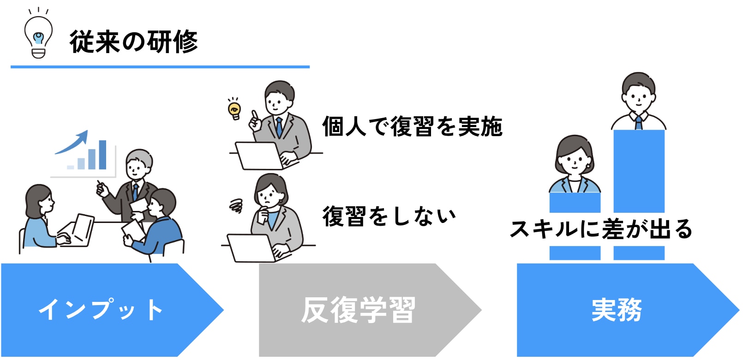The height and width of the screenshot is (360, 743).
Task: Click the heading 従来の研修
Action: click(x=134, y=42)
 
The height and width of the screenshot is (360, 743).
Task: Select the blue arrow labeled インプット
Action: click(x=112, y=310)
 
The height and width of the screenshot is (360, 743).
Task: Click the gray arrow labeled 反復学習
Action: click(x=370, y=310)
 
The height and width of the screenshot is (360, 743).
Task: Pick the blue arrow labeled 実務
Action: click(x=628, y=310)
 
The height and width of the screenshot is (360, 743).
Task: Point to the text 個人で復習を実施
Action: click(x=412, y=126)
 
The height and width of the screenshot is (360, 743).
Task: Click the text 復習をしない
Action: click(x=389, y=216)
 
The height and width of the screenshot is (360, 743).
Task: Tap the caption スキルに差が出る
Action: click(x=601, y=229)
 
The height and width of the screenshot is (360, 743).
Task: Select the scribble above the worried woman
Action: click(x=236, y=206)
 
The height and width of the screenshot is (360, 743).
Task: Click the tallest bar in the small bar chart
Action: click(x=102, y=155)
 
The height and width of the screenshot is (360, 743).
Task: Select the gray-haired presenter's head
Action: click(x=138, y=165)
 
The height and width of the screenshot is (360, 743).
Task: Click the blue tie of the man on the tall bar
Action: click(x=639, y=123)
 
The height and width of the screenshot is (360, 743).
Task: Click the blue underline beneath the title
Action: click(x=160, y=66)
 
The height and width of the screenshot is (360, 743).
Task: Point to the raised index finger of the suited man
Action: click(x=254, y=115)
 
